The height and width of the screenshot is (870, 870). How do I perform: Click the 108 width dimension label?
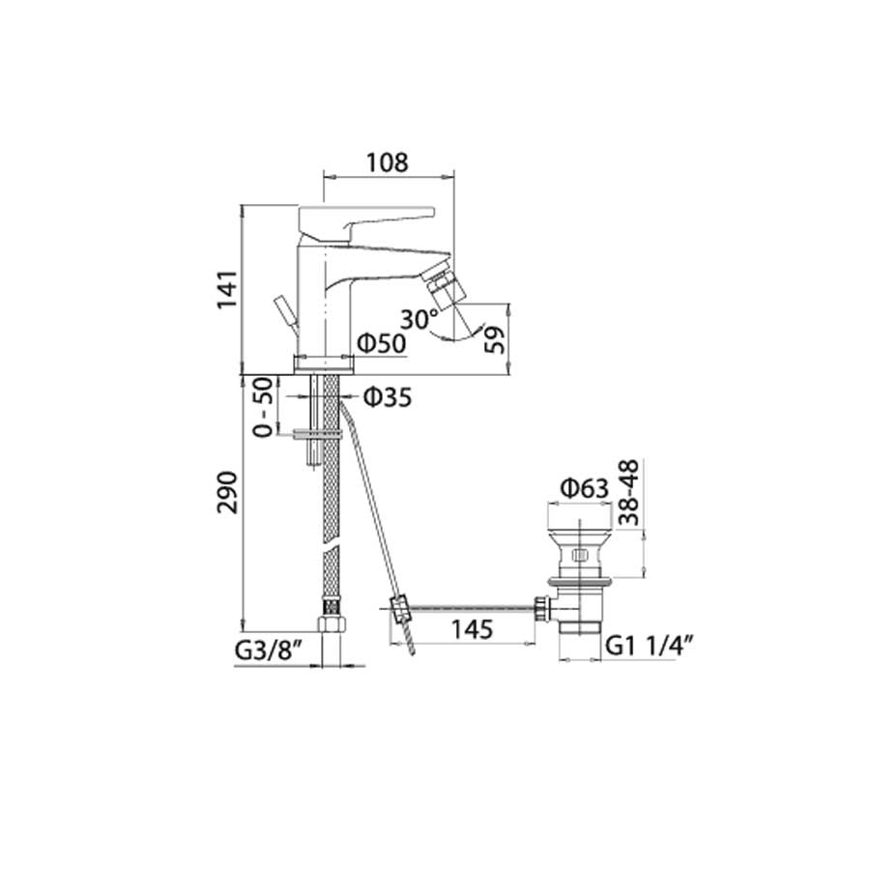[x=388, y=162]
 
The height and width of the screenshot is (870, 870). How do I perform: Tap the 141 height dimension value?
[x=227, y=290]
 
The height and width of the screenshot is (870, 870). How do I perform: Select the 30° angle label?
[x=420, y=320]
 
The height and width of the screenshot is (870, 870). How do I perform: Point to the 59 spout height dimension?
[x=494, y=339]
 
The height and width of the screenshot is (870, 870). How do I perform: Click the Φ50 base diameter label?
[x=382, y=343]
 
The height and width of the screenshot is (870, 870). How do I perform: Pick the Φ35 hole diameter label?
[x=388, y=397]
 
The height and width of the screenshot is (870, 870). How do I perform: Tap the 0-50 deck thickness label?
[x=264, y=407]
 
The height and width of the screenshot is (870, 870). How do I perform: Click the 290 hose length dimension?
[x=227, y=493]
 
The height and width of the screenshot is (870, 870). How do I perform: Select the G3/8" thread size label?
[x=269, y=651]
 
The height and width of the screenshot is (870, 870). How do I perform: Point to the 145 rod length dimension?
[x=472, y=629]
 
